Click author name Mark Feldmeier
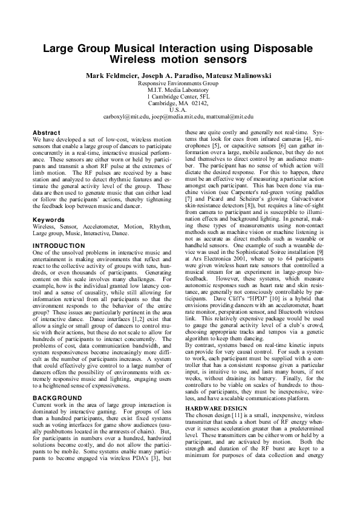[108, 75]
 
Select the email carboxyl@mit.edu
[126, 116]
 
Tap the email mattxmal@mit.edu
[230, 116]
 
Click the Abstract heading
[47, 132]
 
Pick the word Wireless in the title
[136, 59]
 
